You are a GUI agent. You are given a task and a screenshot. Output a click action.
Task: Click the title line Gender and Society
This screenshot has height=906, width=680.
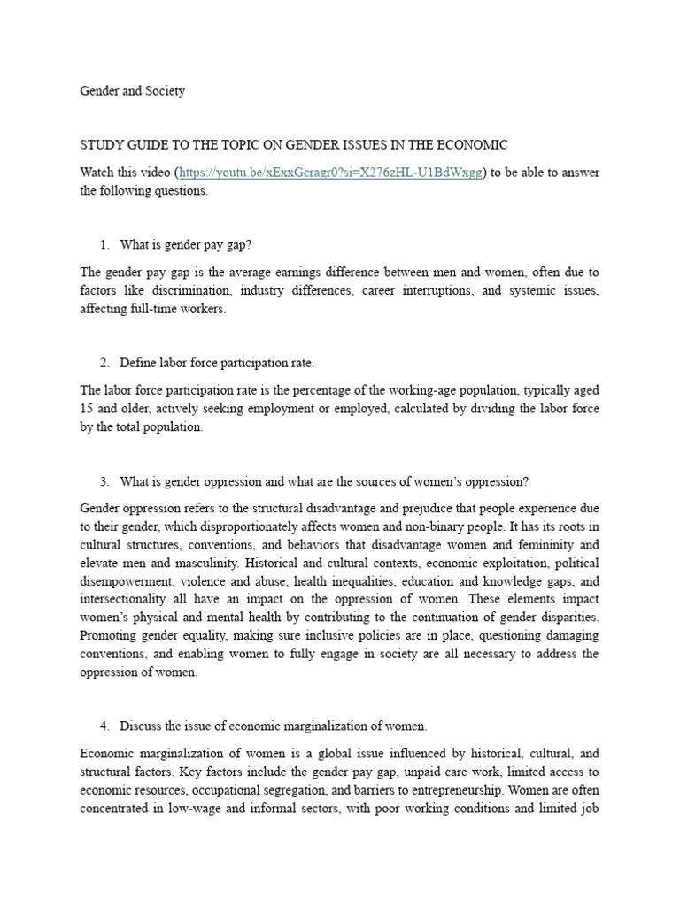[133, 91]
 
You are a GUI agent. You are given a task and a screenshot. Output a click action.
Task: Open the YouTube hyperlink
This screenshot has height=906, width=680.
[331, 173]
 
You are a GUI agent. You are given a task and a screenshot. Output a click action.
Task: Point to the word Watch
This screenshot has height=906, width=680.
[98, 173]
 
